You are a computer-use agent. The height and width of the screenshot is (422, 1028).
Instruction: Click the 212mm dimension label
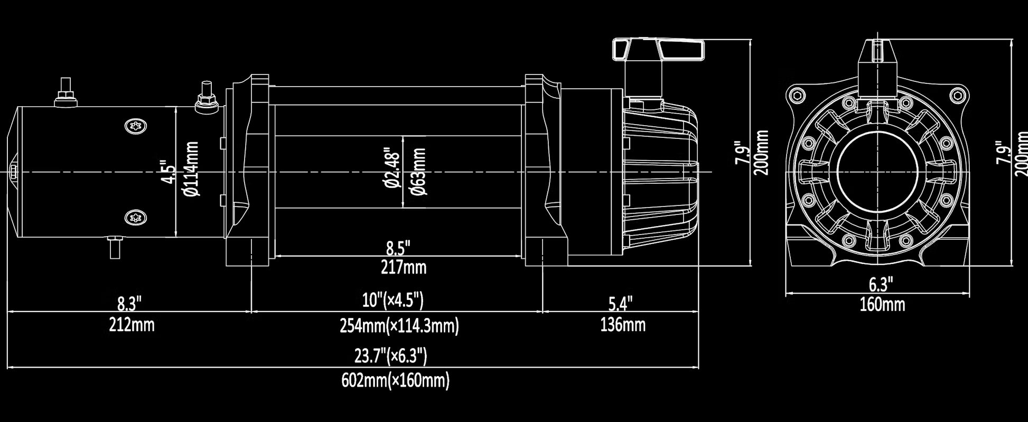click(132, 324)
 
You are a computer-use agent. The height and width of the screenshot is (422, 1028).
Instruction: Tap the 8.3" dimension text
click(129, 304)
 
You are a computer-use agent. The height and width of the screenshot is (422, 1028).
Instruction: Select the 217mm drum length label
click(404, 267)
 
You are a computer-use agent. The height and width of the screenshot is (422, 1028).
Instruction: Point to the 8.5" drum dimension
click(398, 247)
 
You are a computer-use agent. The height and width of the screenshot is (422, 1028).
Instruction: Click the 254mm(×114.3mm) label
click(399, 326)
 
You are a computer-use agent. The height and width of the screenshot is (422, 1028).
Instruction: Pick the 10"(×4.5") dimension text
click(393, 301)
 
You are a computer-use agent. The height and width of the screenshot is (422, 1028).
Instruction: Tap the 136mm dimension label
click(622, 324)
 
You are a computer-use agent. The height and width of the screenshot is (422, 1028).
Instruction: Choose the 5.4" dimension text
click(620, 304)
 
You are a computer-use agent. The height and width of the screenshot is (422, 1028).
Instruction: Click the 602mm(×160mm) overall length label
click(395, 380)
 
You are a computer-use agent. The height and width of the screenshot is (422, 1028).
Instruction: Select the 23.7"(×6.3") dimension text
click(390, 356)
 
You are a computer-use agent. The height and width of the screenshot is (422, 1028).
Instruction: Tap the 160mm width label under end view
click(882, 305)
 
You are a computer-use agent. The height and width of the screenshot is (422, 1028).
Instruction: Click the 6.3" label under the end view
click(881, 285)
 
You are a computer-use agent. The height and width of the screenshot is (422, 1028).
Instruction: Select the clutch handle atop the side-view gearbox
click(658, 49)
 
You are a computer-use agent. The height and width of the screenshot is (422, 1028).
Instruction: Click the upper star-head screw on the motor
click(136, 126)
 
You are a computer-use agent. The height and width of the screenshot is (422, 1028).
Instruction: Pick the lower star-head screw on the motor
click(136, 217)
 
